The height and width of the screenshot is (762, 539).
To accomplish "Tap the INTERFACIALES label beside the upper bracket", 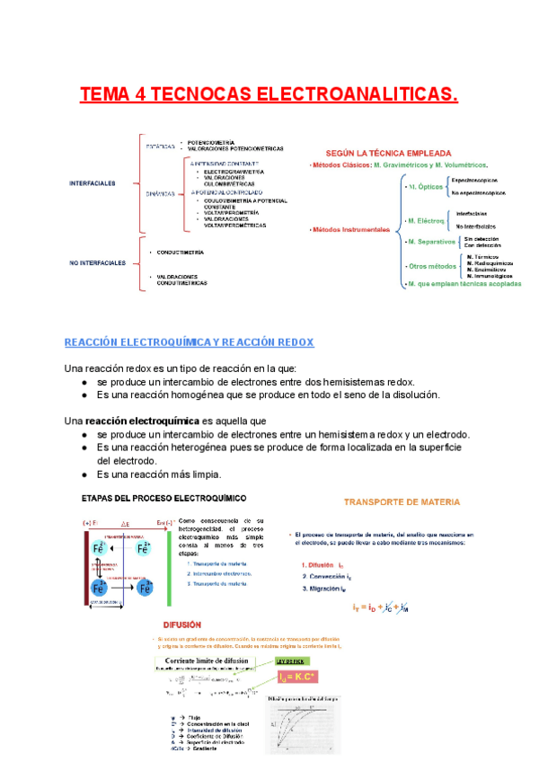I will coord(93,183).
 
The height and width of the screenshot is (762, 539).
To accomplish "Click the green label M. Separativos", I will coord(429,242).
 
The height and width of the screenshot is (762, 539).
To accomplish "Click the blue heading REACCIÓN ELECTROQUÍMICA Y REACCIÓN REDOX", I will coord(189,342).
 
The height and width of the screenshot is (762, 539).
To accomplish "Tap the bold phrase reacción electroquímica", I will coord(139,420).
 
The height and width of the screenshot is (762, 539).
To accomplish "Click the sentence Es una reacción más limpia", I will coord(159,474).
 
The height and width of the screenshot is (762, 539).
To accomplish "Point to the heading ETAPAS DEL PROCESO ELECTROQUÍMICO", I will coord(165,498).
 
